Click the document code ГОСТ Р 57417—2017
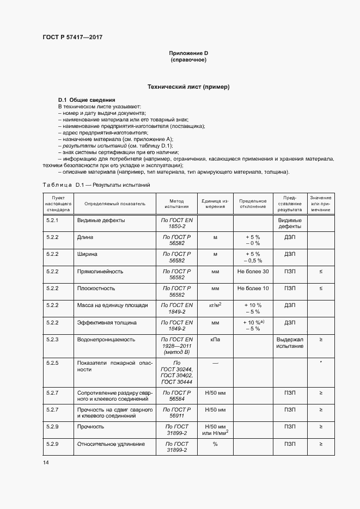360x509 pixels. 72,37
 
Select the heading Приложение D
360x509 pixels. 188,53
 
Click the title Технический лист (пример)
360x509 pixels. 188,87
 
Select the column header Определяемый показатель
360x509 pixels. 115,203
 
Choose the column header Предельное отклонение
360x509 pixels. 253,203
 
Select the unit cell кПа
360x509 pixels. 215,339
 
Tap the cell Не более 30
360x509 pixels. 253,271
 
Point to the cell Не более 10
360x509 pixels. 253,288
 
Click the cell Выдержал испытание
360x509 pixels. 290,342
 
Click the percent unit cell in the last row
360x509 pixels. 215,444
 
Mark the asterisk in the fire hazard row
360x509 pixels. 321,361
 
